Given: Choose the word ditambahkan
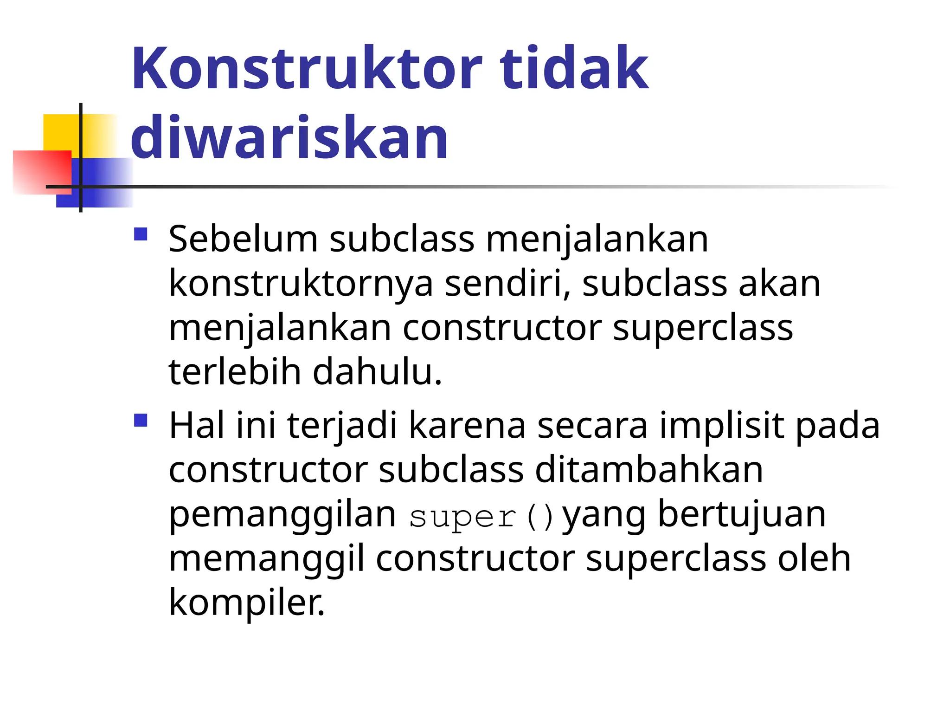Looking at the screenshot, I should pyautogui.click(x=649, y=470).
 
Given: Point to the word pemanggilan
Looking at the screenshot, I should pyautogui.click(x=282, y=515).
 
